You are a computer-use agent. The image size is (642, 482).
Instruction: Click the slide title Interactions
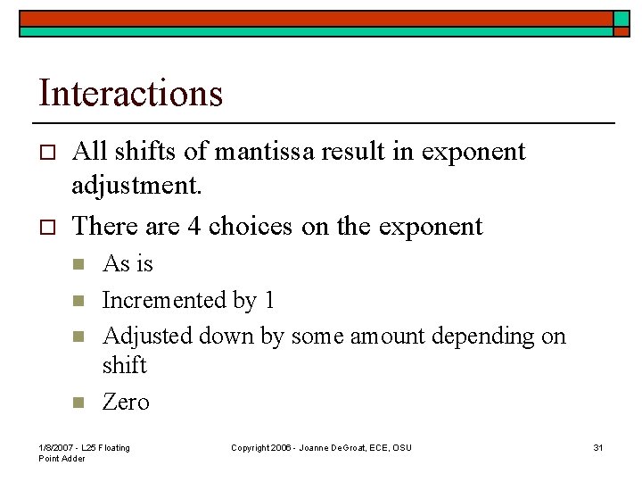(x=130, y=93)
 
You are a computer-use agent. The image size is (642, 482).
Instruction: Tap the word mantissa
(x=257, y=152)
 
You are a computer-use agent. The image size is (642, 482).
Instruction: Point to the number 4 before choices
(x=194, y=226)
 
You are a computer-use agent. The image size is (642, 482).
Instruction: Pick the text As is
(x=128, y=263)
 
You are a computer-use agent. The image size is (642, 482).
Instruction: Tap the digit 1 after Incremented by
(x=268, y=300)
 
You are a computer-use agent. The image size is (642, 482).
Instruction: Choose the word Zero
(x=126, y=403)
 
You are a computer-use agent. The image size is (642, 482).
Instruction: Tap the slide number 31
(x=598, y=447)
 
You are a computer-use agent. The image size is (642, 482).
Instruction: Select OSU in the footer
(x=401, y=447)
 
